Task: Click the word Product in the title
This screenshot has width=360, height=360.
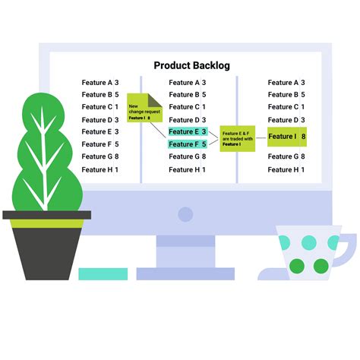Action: click(172, 65)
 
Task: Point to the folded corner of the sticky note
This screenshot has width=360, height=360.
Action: click(155, 99)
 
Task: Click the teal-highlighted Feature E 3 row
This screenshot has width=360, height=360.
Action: click(188, 131)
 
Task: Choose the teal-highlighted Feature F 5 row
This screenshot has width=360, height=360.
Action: click(188, 144)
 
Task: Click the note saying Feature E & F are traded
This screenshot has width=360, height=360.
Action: click(237, 138)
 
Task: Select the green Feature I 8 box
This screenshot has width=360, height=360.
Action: click(287, 137)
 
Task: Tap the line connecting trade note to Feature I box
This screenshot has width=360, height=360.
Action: click(261, 138)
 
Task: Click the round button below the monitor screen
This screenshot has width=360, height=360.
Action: click(185, 214)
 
